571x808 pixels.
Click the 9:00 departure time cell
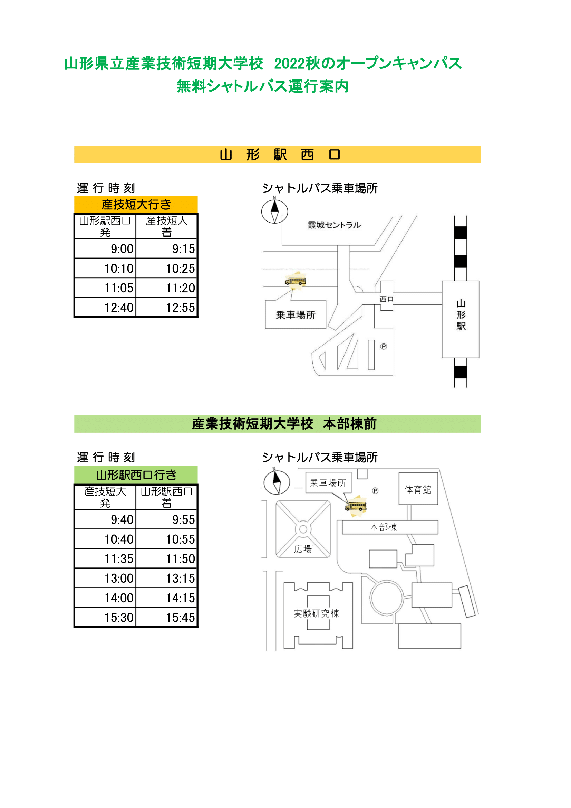[x=105, y=248]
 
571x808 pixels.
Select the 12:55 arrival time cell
[x=167, y=307]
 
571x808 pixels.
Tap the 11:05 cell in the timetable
[x=105, y=288]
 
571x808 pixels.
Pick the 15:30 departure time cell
[x=105, y=617]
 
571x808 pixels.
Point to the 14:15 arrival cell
[x=167, y=598]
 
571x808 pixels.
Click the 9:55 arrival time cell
[x=167, y=519]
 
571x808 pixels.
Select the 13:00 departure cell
[x=105, y=578]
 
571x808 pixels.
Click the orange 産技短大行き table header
[x=136, y=205]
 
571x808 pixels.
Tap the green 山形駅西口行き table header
[x=136, y=475]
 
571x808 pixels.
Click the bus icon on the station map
[x=296, y=281]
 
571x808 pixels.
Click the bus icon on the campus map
[x=356, y=506]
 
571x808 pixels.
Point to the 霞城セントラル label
[x=335, y=225]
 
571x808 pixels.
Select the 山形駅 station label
[x=461, y=315]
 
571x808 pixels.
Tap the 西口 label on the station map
[x=386, y=299]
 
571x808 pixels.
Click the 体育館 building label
[x=418, y=489]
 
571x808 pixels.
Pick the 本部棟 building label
[x=384, y=527]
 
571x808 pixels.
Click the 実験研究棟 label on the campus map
[x=317, y=613]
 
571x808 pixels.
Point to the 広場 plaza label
[x=303, y=549]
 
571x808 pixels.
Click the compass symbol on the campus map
[x=277, y=481]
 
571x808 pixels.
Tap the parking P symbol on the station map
[x=384, y=347]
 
